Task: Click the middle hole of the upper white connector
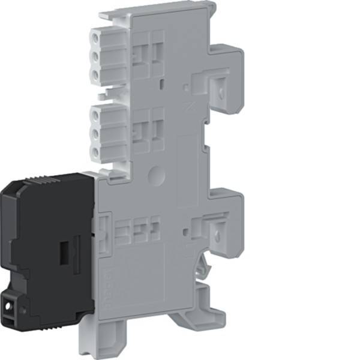(x=97, y=56)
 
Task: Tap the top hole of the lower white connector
(x=97, y=112)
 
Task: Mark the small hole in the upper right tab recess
(x=221, y=93)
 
